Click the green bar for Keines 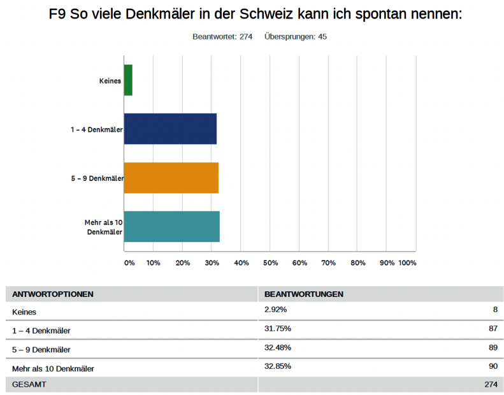[x=128, y=80]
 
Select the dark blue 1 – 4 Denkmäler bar [x=170, y=129]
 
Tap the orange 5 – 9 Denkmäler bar [x=171, y=178]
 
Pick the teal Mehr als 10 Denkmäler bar [x=171, y=227]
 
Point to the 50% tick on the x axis [x=270, y=262]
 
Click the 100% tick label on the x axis [x=407, y=262]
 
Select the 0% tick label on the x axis [x=129, y=262]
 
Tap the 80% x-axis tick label [x=358, y=262]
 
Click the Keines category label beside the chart [x=110, y=81]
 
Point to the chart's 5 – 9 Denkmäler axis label [x=97, y=178]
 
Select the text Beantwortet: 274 [x=223, y=37]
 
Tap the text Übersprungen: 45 [x=296, y=37]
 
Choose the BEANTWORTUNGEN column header [x=304, y=294]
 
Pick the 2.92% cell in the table [x=276, y=310]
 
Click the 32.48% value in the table [x=278, y=348]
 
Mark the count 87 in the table [x=493, y=329]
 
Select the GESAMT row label [x=29, y=385]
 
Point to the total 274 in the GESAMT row [x=490, y=385]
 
